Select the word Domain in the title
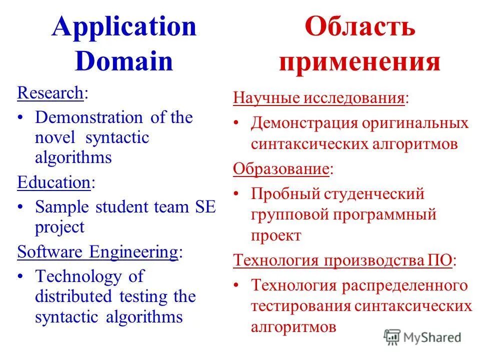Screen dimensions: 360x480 (124, 61)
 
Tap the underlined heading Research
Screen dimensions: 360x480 (50, 92)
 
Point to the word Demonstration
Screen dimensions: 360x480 (89, 117)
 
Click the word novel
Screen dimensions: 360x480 (55, 137)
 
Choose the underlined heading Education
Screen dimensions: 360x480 (53, 182)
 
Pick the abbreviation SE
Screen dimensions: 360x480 (204, 207)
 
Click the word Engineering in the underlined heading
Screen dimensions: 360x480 (133, 252)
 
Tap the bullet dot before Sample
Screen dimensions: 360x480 (20, 207)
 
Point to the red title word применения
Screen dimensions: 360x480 (359, 63)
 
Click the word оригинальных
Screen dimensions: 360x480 (416, 123)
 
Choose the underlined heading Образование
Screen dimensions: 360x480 (281, 168)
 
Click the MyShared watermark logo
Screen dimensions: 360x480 (422, 337)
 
